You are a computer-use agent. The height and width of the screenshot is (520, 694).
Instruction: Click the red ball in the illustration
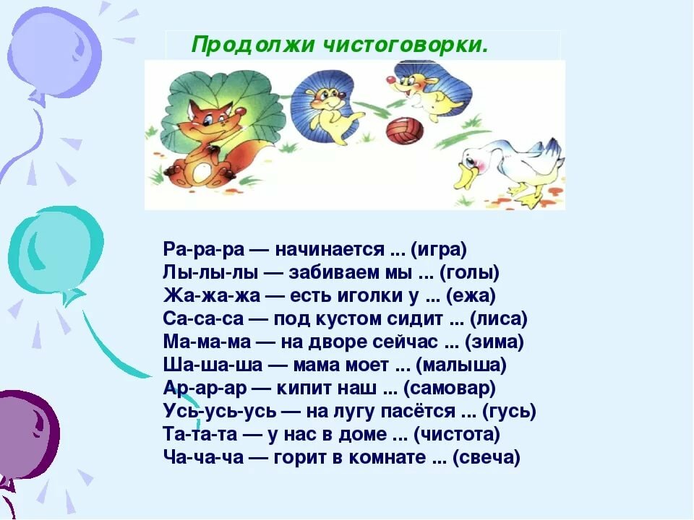[x=405, y=130]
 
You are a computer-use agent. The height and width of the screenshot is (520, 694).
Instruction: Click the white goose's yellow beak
[x=467, y=177]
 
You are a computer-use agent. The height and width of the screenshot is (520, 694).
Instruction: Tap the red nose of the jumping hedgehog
[x=390, y=80]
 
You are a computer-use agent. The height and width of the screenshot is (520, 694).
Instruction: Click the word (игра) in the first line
[x=439, y=249]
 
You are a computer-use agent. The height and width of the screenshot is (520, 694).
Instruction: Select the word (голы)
[x=470, y=272]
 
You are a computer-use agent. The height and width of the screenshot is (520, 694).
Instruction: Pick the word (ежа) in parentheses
[x=471, y=295]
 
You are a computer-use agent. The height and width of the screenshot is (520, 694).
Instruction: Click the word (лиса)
[x=498, y=318]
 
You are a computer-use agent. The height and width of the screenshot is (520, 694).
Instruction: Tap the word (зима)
[x=494, y=342]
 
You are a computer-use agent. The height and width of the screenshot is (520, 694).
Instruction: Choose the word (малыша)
[x=461, y=365]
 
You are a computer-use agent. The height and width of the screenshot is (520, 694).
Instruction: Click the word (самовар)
[x=450, y=388]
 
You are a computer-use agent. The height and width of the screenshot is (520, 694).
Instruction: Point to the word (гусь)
[x=509, y=411]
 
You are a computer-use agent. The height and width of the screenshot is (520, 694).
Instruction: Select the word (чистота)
[x=457, y=434]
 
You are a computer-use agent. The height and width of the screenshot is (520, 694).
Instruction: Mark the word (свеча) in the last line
[x=487, y=456]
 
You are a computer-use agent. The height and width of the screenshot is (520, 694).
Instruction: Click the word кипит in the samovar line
[x=303, y=388]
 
